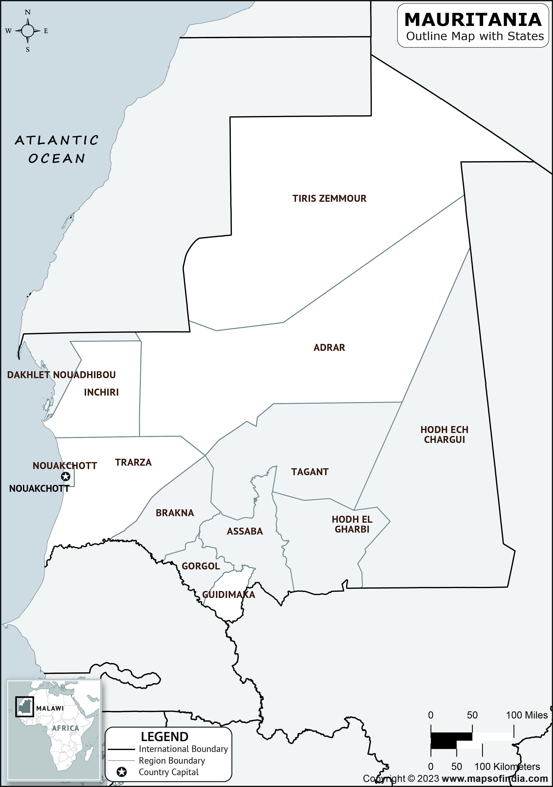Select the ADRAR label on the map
[329, 348]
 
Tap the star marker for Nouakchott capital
[66, 476]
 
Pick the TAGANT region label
[310, 472]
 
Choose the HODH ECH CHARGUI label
[444, 434]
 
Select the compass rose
[28, 31]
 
